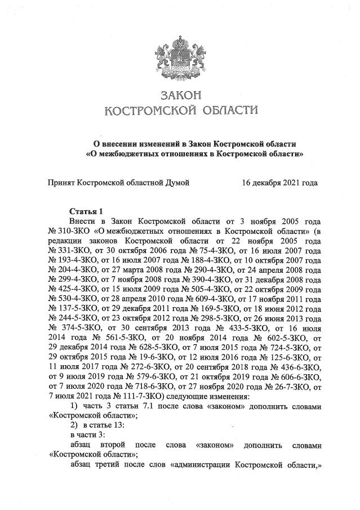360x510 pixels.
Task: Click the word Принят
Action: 61,183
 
